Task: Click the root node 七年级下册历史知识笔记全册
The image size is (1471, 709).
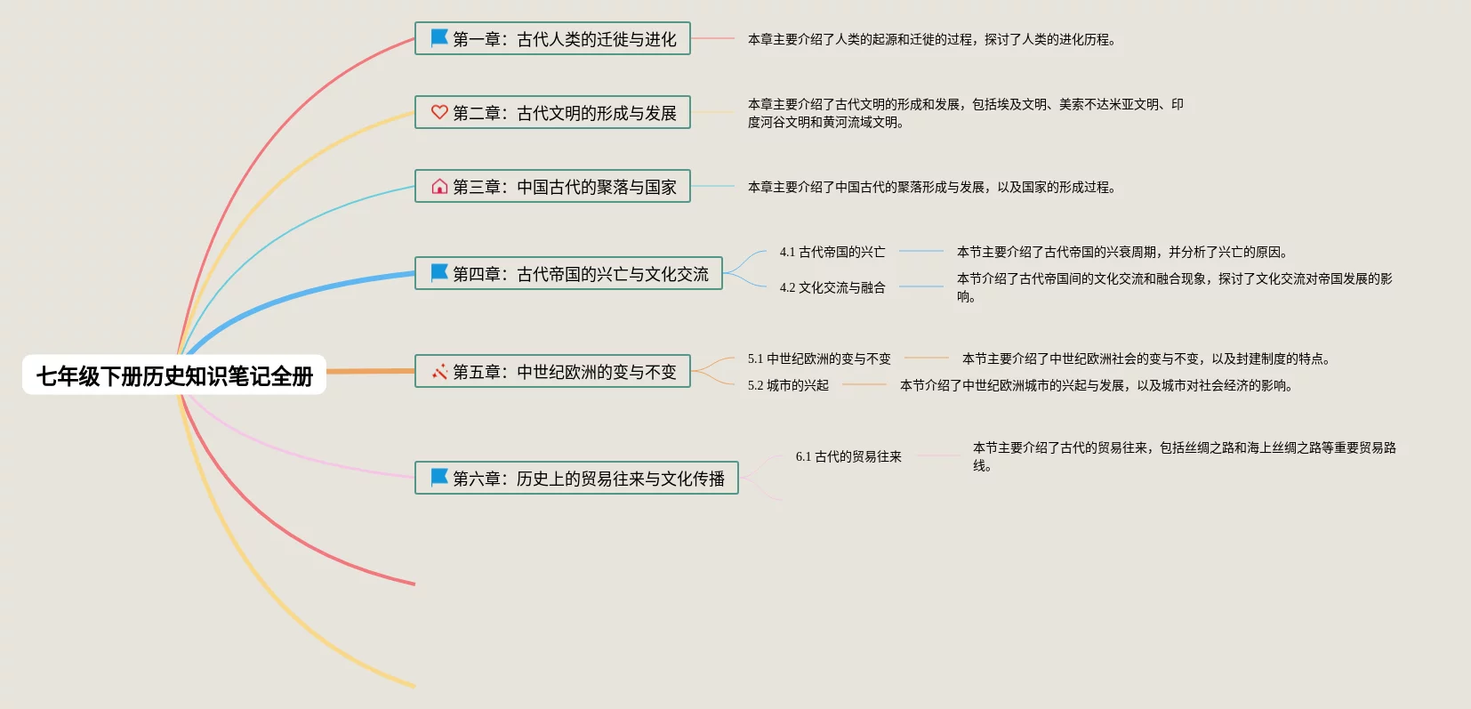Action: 174,375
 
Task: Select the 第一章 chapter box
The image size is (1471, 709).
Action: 552,39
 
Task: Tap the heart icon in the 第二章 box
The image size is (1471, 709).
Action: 439,112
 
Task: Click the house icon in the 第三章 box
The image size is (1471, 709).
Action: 439,186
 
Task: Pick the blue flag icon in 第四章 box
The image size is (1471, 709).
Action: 439,272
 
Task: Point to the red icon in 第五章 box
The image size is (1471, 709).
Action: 439,371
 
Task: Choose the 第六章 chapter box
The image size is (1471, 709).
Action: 576,478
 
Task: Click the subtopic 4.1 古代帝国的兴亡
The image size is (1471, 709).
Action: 832,252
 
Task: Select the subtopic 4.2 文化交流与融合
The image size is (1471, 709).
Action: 832,287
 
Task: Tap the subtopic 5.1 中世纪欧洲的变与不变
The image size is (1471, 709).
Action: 819,359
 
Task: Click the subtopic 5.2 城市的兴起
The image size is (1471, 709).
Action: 788,385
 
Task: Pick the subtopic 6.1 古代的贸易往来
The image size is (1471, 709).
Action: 848,456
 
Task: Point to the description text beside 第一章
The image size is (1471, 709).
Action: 931,39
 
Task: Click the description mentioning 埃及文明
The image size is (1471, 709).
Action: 965,113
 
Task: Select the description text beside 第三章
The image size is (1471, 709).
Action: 931,187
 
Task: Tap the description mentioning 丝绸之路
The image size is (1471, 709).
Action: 1184,455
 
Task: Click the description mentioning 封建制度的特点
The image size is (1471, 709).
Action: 1145,359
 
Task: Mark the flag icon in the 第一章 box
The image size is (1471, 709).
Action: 439,38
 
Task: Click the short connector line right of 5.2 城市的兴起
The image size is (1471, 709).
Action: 864,384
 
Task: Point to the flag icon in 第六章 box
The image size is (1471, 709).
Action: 439,477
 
